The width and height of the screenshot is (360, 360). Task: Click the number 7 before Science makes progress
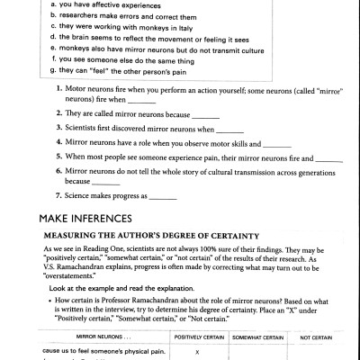(x=58, y=196)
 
